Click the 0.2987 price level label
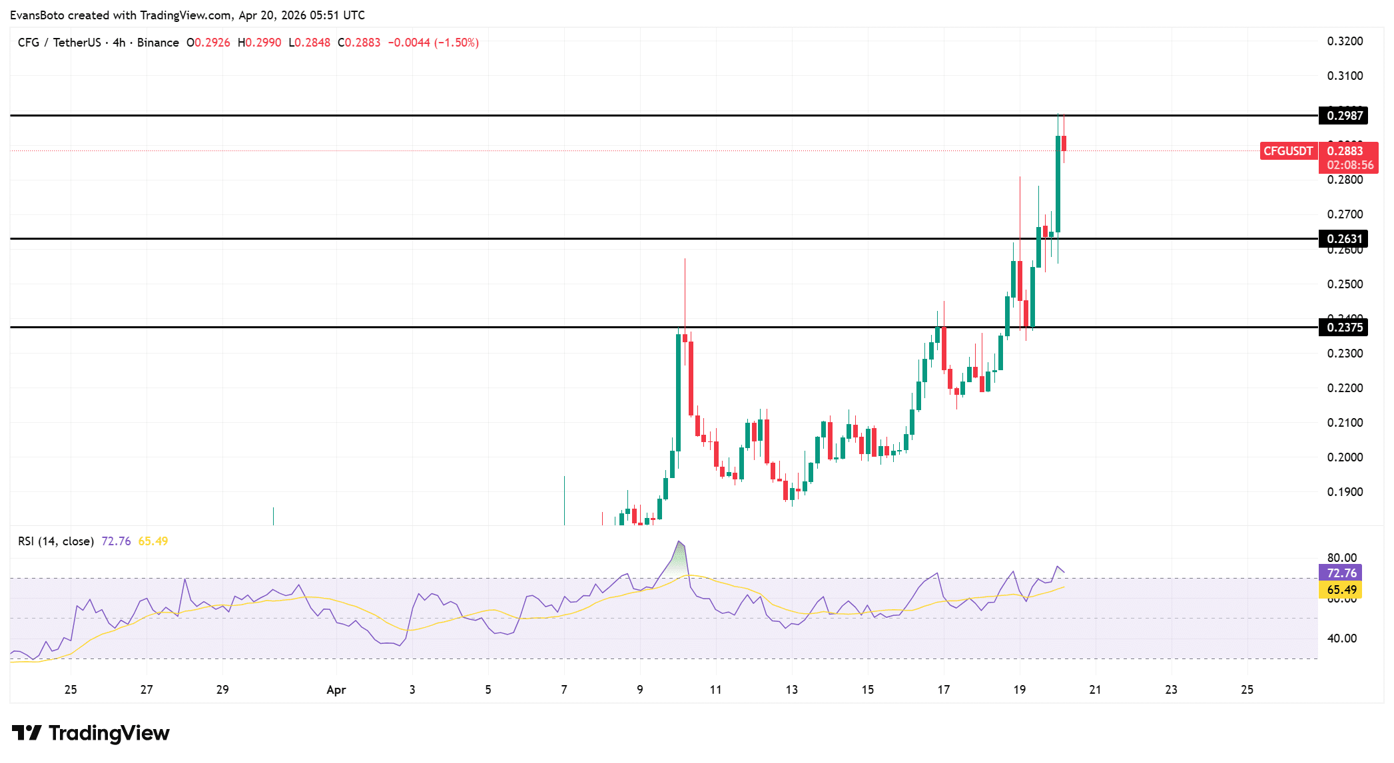(x=1344, y=116)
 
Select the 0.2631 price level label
(x=1344, y=239)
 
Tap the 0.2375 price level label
(x=1344, y=328)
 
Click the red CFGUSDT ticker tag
(x=1288, y=151)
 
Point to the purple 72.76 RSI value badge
(x=1341, y=573)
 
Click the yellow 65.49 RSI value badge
(x=1341, y=590)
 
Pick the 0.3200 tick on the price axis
(x=1345, y=41)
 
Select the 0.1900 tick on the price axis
(x=1345, y=492)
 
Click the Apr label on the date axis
(x=336, y=690)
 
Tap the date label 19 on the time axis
(x=1019, y=690)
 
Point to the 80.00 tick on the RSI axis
(x=1341, y=558)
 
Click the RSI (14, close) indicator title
(x=56, y=541)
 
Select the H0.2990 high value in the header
(x=259, y=43)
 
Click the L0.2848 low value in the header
(x=309, y=43)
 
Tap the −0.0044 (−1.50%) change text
(x=433, y=43)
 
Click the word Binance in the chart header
(x=158, y=43)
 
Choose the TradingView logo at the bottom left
(x=91, y=733)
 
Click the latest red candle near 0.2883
(x=1064, y=143)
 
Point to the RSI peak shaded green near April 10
(x=679, y=559)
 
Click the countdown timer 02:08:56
(x=1349, y=165)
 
